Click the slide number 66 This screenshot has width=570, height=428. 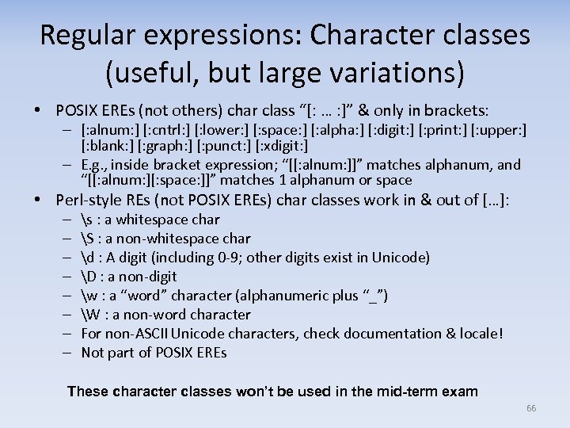coord(531,407)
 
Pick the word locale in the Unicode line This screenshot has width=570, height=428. coord(475,334)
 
